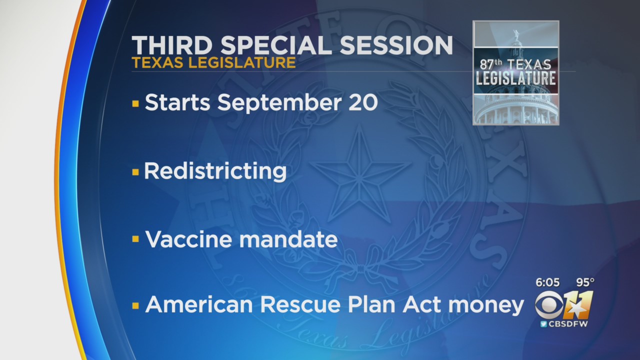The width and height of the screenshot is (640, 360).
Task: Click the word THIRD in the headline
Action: pyautogui.click(x=172, y=45)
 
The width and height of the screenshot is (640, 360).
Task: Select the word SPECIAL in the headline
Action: pyautogui.click(x=276, y=45)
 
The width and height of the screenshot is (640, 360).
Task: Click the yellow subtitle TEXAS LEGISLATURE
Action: pyautogui.click(x=213, y=63)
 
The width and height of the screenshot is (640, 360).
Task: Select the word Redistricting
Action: pyautogui.click(x=215, y=171)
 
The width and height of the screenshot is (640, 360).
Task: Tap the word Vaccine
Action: pyautogui.click(x=188, y=239)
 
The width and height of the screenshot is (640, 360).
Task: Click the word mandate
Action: pyautogui.click(x=288, y=239)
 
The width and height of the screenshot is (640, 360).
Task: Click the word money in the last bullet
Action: pyautogui.click(x=486, y=306)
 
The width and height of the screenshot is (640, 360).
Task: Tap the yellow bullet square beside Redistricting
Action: pyautogui.click(x=135, y=172)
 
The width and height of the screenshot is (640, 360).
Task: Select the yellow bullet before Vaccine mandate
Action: pyautogui.click(x=135, y=239)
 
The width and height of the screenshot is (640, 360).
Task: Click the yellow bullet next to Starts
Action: pyautogui.click(x=135, y=103)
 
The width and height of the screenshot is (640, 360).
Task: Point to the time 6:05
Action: pyautogui.click(x=547, y=282)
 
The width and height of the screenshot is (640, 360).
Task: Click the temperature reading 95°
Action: pyautogui.click(x=585, y=282)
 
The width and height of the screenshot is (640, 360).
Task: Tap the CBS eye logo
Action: pyautogui.click(x=549, y=305)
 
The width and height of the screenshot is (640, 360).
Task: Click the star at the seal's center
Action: pyautogui.click(x=360, y=171)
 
